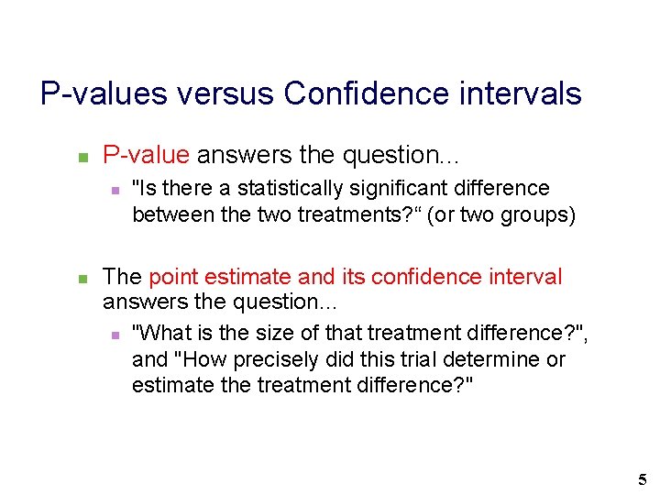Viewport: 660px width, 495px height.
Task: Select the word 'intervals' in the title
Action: (x=525, y=93)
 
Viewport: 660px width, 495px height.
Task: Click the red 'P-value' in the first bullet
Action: (x=146, y=157)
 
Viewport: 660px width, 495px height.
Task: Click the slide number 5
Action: (x=642, y=479)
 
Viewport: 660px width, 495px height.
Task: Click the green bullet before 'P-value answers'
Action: (x=81, y=158)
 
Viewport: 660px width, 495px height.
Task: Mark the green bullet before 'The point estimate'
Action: (x=81, y=278)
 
